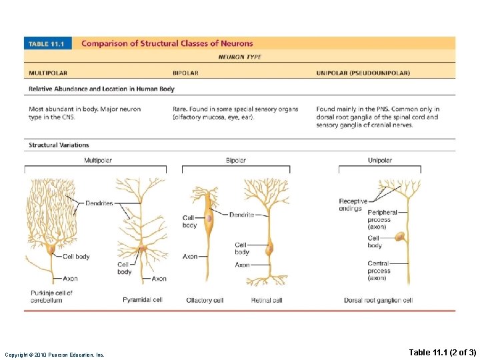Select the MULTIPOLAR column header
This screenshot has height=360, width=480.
click(48, 73)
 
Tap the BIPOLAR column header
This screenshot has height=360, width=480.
click(185, 73)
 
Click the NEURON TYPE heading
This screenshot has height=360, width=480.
click(240, 57)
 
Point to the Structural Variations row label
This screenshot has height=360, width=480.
click(59, 145)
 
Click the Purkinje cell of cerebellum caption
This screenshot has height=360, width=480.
click(51, 296)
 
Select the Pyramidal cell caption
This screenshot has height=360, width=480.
click(142, 300)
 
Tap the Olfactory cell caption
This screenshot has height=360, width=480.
click(205, 300)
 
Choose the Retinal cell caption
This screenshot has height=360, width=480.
click(267, 300)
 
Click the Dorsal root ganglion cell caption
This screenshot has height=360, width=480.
click(378, 300)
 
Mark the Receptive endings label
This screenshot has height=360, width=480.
click(353, 205)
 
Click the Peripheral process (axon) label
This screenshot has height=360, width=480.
click(381, 219)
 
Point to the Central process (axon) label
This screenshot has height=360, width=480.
click(379, 271)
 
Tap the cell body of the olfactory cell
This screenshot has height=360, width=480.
click(209, 217)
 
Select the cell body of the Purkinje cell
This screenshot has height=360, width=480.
click(51, 249)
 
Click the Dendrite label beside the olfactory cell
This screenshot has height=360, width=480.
click(241, 215)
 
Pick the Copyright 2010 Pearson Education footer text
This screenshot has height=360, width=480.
click(54, 354)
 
